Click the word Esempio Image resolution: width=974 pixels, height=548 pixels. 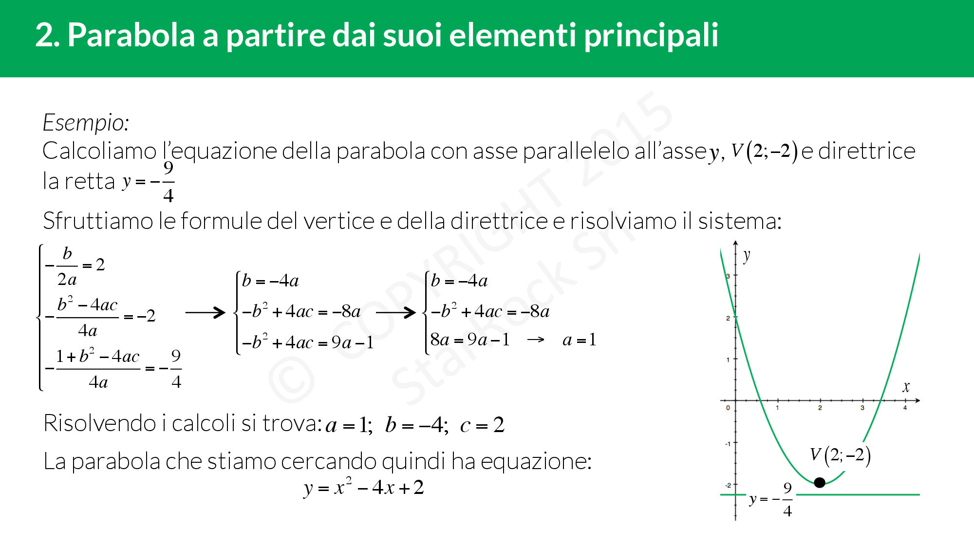[86, 122]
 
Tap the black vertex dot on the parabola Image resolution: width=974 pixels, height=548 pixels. [820, 482]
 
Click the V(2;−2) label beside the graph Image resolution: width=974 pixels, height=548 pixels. [840, 455]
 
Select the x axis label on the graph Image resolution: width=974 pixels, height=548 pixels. [906, 387]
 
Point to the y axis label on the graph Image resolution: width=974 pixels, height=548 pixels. [747, 255]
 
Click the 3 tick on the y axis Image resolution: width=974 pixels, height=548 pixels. [728, 276]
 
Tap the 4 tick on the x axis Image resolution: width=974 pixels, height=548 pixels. [905, 408]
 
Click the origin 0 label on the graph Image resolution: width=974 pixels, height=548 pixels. [728, 408]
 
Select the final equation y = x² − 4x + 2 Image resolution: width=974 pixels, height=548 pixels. [364, 488]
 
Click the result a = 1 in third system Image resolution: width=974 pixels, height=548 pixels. [579, 340]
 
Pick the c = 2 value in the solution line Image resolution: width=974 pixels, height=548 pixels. [482, 425]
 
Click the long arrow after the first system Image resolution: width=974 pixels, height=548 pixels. [205, 312]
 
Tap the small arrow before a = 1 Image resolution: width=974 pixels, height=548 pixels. [536, 340]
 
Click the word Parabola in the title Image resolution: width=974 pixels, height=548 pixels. [131, 35]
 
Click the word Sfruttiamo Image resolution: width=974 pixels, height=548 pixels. [98, 221]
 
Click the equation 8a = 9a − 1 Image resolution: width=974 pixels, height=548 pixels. [470, 340]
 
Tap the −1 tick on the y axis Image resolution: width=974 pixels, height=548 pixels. [728, 443]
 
